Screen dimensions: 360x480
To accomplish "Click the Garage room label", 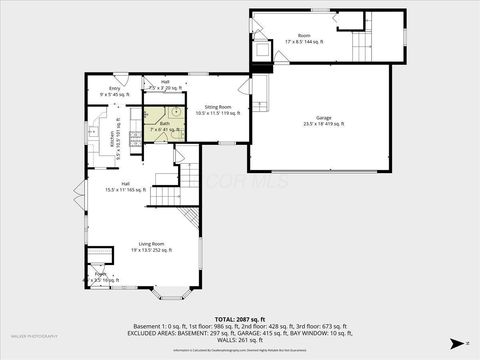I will (x=323, y=121).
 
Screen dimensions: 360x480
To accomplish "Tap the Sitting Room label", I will (x=218, y=110).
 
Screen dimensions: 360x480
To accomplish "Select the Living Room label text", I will (x=151, y=247).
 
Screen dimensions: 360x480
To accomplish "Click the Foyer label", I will (x=101, y=277).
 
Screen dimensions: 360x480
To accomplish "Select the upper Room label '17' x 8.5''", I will (x=304, y=39).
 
